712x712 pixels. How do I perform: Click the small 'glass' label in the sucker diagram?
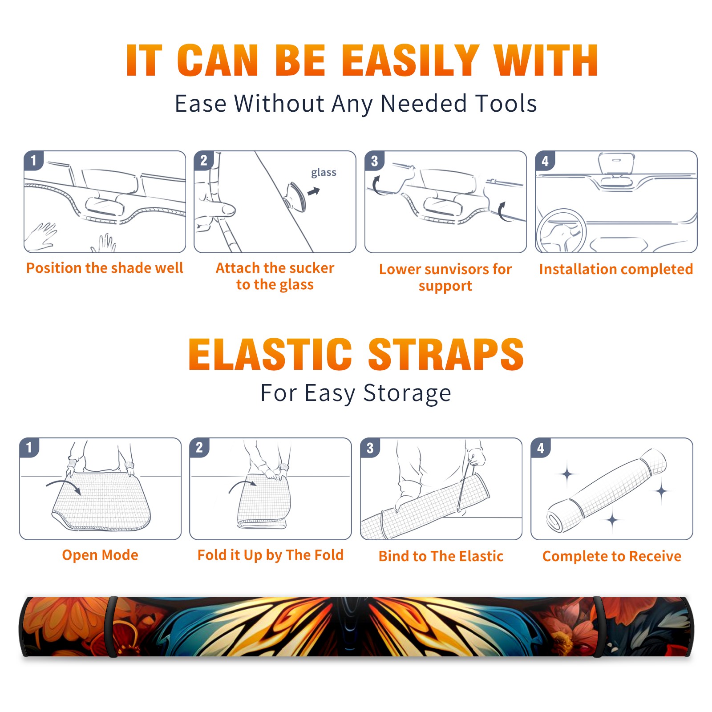tap(324, 173)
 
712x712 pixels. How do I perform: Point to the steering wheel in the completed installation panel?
tap(561, 231)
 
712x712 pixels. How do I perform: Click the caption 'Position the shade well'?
tap(105, 268)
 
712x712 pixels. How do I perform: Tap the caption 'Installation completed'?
tap(616, 269)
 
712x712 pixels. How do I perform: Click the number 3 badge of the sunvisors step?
tap(374, 161)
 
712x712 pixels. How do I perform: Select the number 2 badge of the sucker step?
tap(204, 160)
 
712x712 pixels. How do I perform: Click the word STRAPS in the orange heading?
tap(446, 354)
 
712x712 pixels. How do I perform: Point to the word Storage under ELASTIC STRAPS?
tap(407, 394)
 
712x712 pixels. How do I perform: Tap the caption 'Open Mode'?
tap(100, 555)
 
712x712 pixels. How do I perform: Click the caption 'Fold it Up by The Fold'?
tap(271, 555)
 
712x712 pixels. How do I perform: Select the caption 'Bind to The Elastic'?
tap(441, 556)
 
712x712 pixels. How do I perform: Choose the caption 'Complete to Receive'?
tap(612, 556)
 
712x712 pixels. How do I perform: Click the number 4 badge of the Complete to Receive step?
tap(541, 448)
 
